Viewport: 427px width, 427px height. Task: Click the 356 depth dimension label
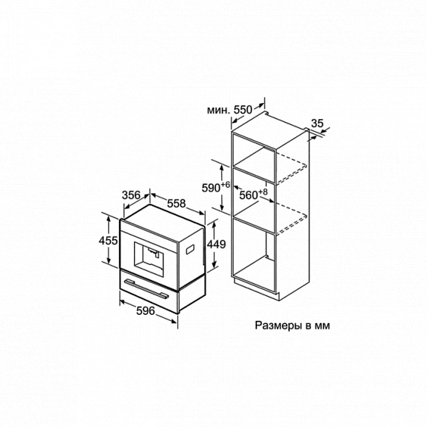click(131, 195)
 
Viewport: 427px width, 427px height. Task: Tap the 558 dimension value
click(176, 203)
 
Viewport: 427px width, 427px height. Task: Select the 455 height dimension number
click(108, 240)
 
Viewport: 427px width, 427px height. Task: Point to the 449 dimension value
click(216, 244)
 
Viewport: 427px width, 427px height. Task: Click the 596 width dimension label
click(146, 311)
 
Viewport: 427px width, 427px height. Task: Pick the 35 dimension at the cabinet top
click(317, 124)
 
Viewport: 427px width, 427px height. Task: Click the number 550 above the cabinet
click(243, 110)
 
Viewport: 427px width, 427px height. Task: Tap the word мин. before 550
click(218, 110)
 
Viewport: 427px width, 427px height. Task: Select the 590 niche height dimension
click(211, 188)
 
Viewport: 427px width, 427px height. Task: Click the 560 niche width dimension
click(248, 195)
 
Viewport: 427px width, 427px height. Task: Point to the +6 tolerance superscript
click(225, 185)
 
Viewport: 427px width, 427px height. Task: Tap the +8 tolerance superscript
click(262, 192)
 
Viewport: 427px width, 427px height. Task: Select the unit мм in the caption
click(322, 327)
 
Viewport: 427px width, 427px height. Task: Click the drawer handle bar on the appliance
click(146, 288)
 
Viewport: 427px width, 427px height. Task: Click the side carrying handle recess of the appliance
click(190, 250)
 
